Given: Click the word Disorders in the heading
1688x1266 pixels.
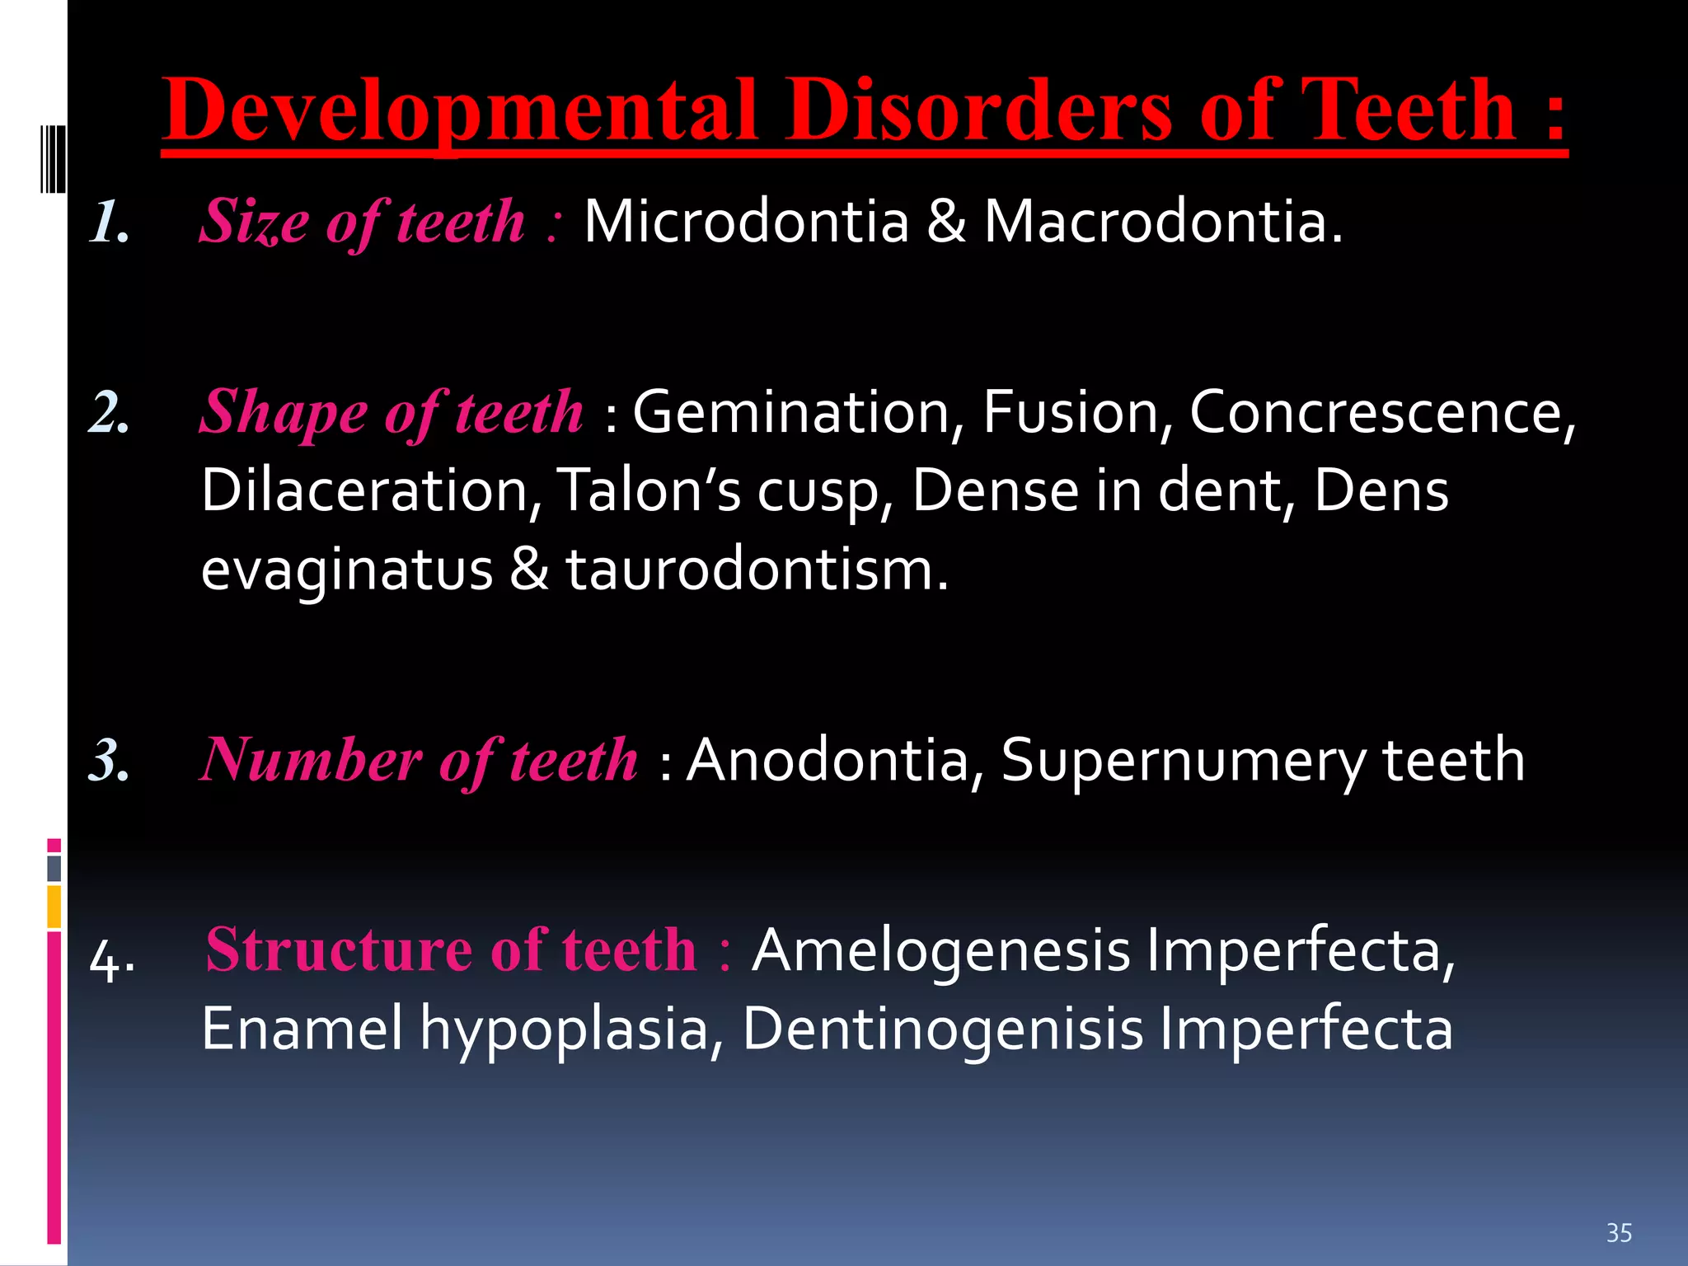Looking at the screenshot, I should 978,110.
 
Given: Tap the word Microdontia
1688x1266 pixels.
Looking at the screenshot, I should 746,222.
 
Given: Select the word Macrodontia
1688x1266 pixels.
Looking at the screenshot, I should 1163,222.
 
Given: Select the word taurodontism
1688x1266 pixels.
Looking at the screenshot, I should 757,570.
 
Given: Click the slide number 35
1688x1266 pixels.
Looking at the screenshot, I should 1619,1233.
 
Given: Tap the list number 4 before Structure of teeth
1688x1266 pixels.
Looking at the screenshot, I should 111,961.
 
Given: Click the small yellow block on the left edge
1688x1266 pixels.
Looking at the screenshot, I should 54,907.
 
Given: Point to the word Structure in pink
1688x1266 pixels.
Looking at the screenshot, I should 339,949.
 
